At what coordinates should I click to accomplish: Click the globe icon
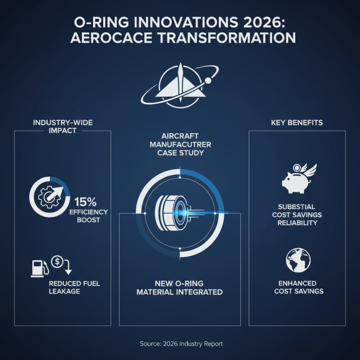[297, 260]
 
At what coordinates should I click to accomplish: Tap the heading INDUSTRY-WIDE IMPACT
[63, 127]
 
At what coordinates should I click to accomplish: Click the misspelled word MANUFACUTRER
[180, 144]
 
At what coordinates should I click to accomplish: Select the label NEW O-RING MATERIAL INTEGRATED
[180, 288]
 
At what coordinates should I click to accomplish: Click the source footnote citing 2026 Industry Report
[180, 344]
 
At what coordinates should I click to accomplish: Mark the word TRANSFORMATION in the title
[225, 38]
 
